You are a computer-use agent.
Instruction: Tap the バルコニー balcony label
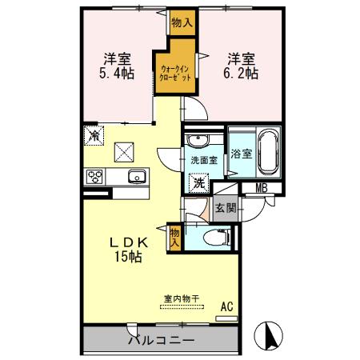coord(161,340)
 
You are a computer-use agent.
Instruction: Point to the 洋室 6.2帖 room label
coord(240,66)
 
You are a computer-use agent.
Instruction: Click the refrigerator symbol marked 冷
coord(94,136)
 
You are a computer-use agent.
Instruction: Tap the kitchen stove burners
coord(95,177)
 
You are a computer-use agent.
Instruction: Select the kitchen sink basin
coord(132,177)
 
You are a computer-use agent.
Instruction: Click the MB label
coord(261,189)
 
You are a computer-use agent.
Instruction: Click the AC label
coord(226,305)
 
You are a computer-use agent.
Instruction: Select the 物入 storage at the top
coord(182,23)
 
